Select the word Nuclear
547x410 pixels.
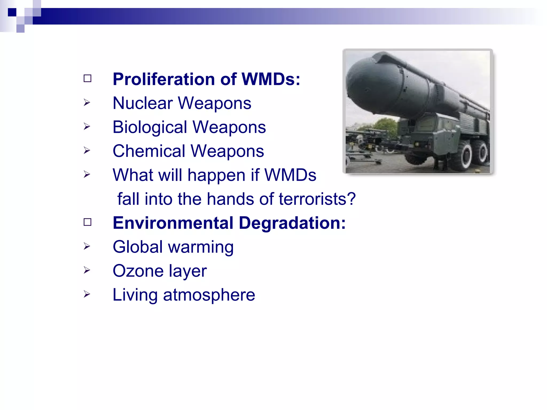[x=143, y=103]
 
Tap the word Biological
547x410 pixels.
[x=150, y=127]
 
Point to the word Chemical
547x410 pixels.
[x=149, y=151]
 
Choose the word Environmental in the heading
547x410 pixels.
[x=173, y=223]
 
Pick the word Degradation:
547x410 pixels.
[x=292, y=223]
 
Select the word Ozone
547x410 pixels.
[x=138, y=271]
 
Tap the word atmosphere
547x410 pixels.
[x=209, y=295]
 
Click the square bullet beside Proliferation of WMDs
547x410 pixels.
[x=87, y=78]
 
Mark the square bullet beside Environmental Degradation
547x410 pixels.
[x=87, y=222]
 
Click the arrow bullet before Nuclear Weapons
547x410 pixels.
[x=87, y=102]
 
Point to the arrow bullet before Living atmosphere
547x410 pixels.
[x=87, y=294]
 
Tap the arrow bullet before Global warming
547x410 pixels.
[x=87, y=246]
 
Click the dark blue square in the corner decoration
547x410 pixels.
[x=12, y=12]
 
